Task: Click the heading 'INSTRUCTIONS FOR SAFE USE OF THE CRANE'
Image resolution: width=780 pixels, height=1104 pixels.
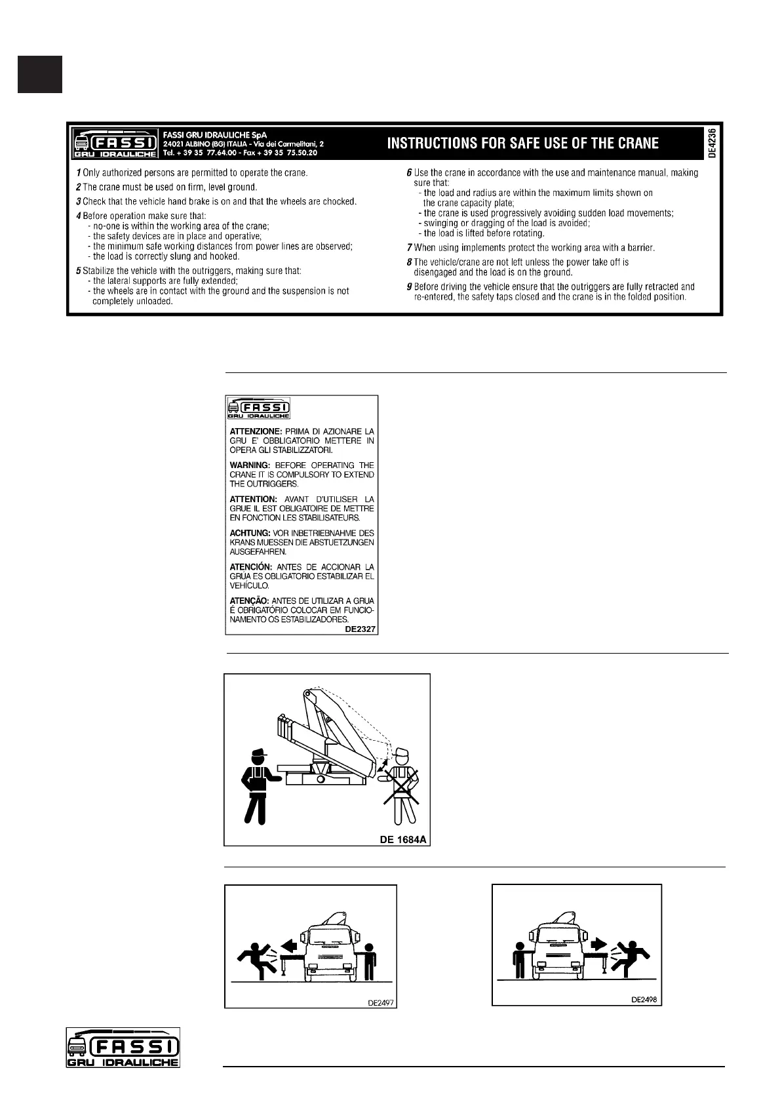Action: [x=523, y=143]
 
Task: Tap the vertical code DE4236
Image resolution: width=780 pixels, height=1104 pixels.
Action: [x=712, y=143]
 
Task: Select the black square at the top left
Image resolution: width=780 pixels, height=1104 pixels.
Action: [x=40, y=74]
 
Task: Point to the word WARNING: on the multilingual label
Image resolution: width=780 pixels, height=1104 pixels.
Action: [x=250, y=465]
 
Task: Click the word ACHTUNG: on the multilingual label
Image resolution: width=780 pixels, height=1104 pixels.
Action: [x=250, y=534]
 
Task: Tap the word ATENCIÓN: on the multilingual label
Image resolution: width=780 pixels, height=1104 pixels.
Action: [x=251, y=567]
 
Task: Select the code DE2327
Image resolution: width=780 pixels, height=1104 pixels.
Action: [x=360, y=629]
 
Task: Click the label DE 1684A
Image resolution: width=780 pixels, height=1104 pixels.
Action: [x=403, y=839]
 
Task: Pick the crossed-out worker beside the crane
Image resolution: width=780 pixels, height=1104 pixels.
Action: [x=402, y=785]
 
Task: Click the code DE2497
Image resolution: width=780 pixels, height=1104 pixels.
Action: [x=380, y=1002]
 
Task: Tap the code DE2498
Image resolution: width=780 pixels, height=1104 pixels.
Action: [x=644, y=1000]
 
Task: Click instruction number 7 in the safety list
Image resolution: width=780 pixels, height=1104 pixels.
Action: [x=408, y=248]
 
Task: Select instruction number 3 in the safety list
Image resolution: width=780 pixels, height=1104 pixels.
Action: [x=78, y=201]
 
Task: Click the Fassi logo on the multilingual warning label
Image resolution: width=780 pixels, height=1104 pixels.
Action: [x=259, y=408]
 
